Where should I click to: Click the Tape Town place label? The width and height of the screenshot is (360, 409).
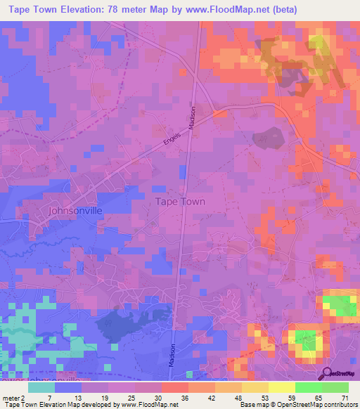coord(179,201)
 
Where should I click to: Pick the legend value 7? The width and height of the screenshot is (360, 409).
coord(51,397)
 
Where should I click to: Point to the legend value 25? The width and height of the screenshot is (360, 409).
coord(132,397)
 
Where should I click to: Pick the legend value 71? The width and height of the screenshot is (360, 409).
coord(345,397)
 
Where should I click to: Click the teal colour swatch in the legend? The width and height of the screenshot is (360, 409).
coord(41,387)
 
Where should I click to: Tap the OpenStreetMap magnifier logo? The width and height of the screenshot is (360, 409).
coord(326,373)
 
